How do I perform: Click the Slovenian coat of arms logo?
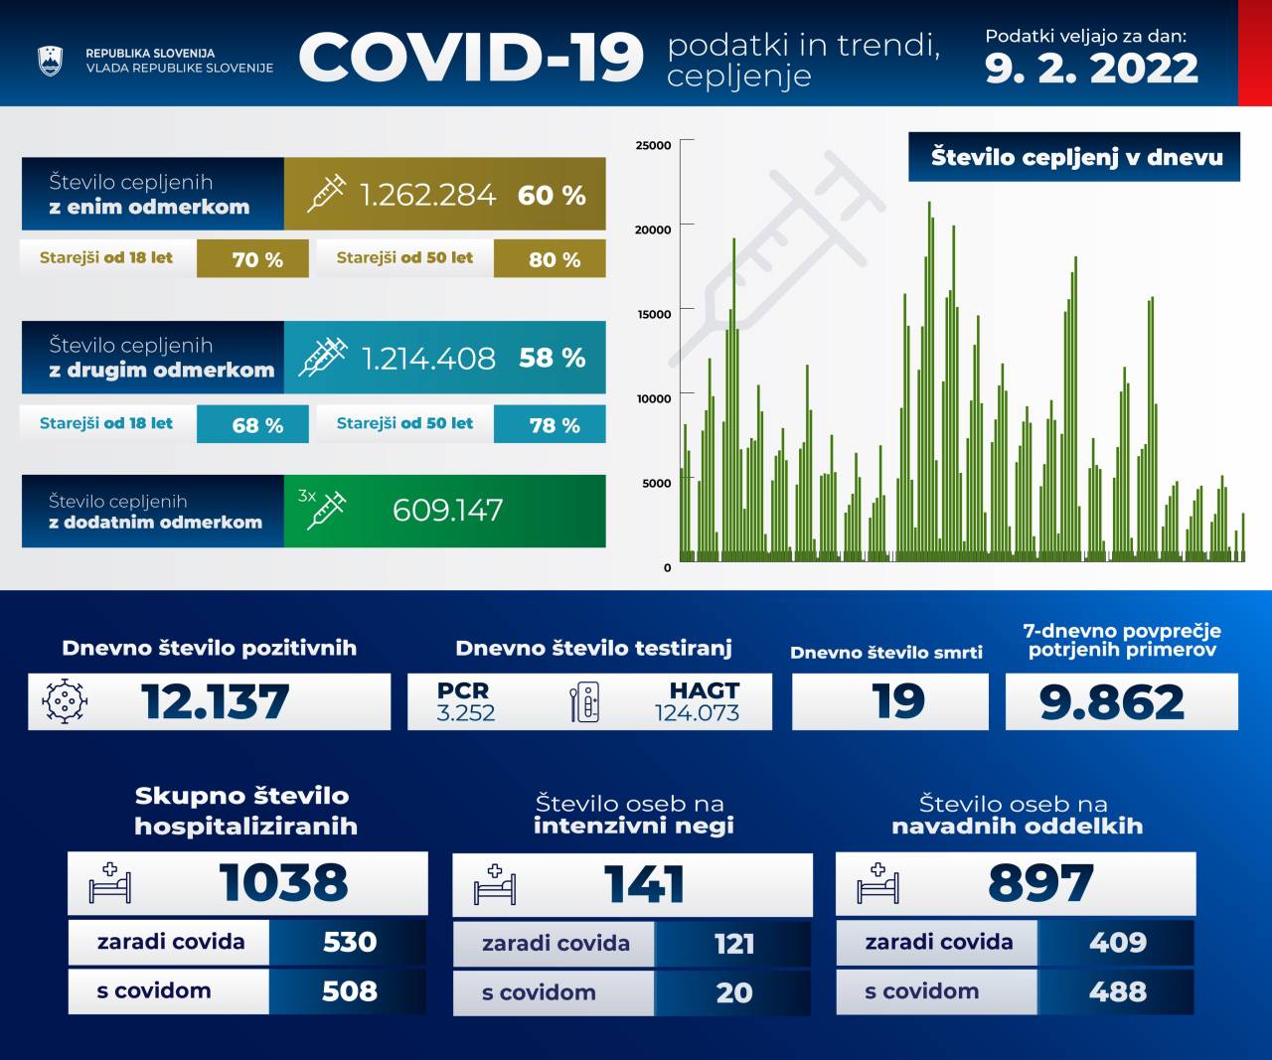click(x=50, y=61)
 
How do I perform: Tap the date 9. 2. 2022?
click(x=1091, y=69)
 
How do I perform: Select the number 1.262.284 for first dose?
click(x=427, y=195)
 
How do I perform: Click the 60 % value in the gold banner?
click(x=552, y=195)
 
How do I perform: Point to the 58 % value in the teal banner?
click(x=552, y=358)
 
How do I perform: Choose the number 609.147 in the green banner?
click(x=447, y=511)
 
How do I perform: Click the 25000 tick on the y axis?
click(x=654, y=145)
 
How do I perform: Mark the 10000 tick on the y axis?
click(x=654, y=398)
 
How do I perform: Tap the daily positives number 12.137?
click(x=215, y=702)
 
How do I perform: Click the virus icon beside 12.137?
click(x=65, y=701)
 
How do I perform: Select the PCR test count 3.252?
click(x=465, y=712)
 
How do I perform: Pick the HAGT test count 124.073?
click(x=697, y=712)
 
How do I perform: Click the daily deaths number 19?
click(x=898, y=701)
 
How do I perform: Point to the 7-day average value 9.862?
click(x=1112, y=702)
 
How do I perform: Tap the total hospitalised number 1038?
click(x=283, y=883)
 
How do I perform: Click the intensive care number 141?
click(x=644, y=884)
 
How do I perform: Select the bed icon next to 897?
click(x=877, y=883)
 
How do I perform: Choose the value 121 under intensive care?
click(x=734, y=944)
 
